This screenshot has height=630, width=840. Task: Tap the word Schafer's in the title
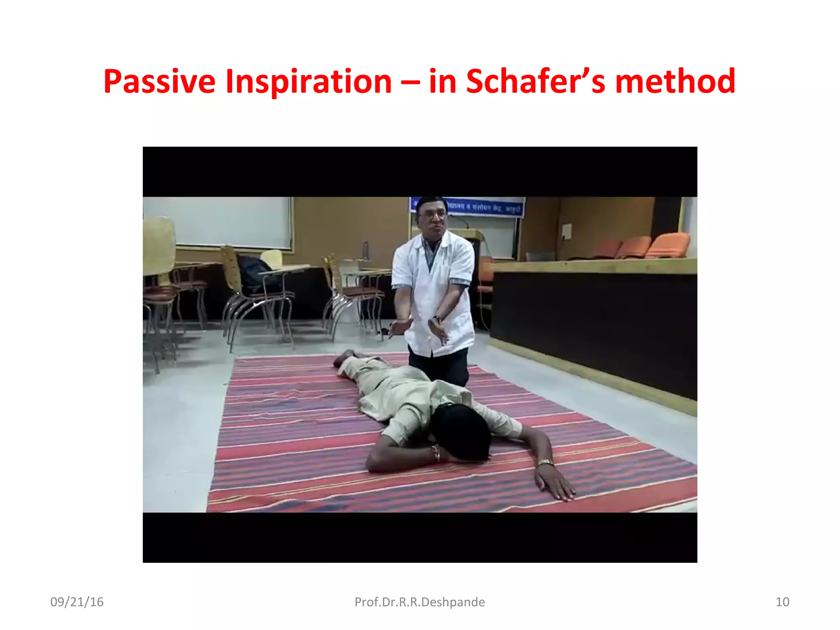535,81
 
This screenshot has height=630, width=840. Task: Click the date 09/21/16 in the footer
77,602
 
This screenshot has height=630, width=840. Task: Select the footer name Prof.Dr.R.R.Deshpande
420,602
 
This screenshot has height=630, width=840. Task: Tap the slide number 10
782,602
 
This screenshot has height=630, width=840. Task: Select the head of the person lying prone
461,431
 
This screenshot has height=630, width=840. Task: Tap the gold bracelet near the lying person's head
436,452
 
